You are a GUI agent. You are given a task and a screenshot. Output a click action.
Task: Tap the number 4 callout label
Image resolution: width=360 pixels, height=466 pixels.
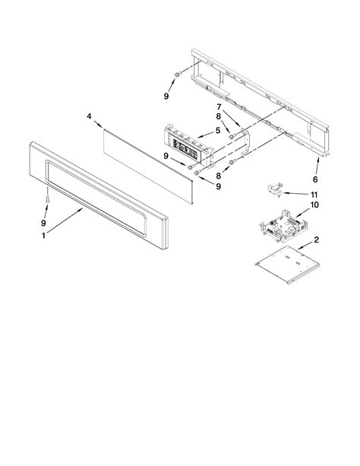[89, 116]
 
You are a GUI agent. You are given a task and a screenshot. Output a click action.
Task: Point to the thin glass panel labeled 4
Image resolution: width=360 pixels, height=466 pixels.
[149, 160]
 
